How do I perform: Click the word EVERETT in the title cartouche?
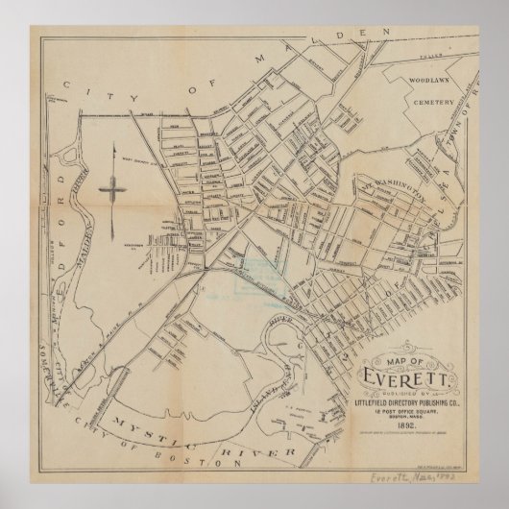point(396,373)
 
